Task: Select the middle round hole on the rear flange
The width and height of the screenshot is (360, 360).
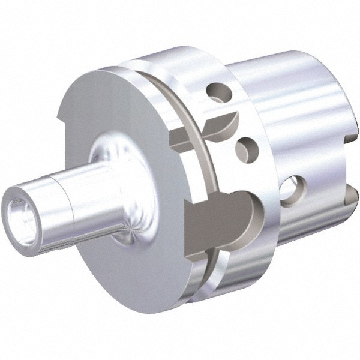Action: (x=245, y=146)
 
